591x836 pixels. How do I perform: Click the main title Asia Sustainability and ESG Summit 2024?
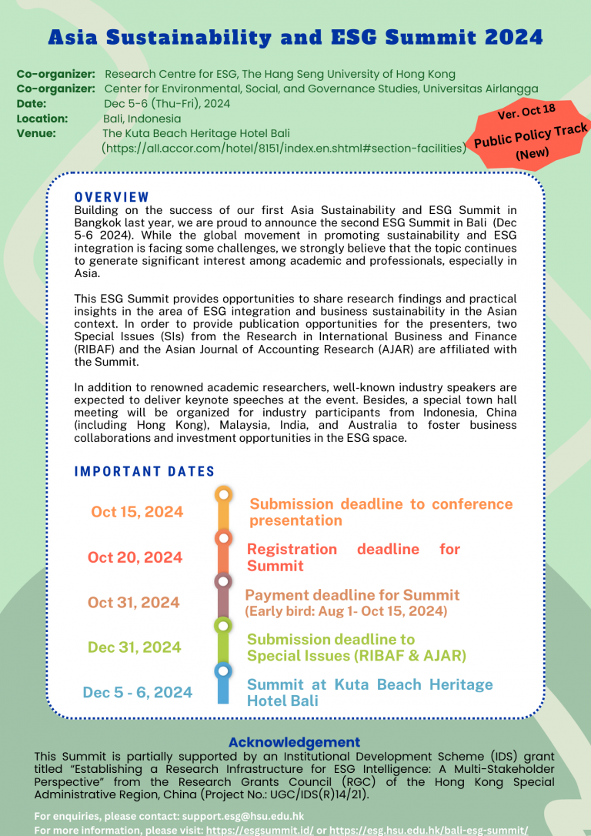click(x=295, y=37)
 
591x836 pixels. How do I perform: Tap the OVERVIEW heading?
click(x=112, y=197)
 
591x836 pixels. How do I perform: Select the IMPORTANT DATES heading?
click(x=145, y=471)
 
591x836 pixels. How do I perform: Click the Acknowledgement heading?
click(x=295, y=742)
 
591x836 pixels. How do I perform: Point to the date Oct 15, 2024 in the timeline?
click(x=137, y=512)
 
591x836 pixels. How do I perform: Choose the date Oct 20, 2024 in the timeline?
click(x=135, y=557)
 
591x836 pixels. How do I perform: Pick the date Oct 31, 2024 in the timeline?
click(x=134, y=602)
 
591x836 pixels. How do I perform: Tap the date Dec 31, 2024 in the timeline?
click(x=135, y=647)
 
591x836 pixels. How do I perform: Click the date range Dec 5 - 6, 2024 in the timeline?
click(x=138, y=692)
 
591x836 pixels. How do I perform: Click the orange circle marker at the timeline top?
click(x=223, y=493)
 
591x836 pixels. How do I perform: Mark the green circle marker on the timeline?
click(x=222, y=625)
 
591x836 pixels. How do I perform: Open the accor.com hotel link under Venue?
click(x=284, y=148)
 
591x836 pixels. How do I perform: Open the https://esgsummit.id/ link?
click(x=256, y=830)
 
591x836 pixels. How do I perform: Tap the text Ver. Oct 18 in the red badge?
click(x=526, y=112)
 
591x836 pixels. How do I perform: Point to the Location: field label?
click(x=42, y=119)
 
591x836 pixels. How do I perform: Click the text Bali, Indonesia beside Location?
click(x=142, y=119)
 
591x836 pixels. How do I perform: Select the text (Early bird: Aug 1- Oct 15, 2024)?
click(x=346, y=611)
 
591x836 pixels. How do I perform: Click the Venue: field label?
click(x=36, y=133)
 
